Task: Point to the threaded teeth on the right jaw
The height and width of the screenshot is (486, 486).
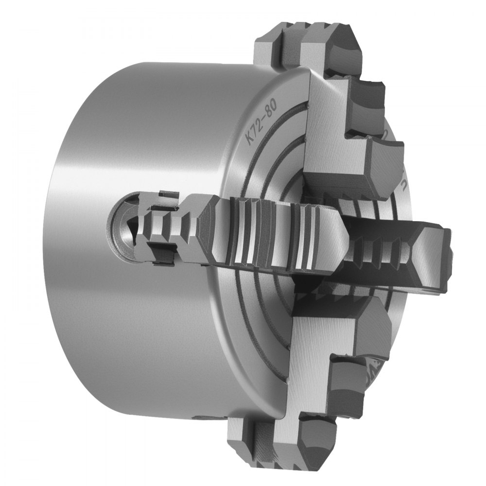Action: tap(377, 253)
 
